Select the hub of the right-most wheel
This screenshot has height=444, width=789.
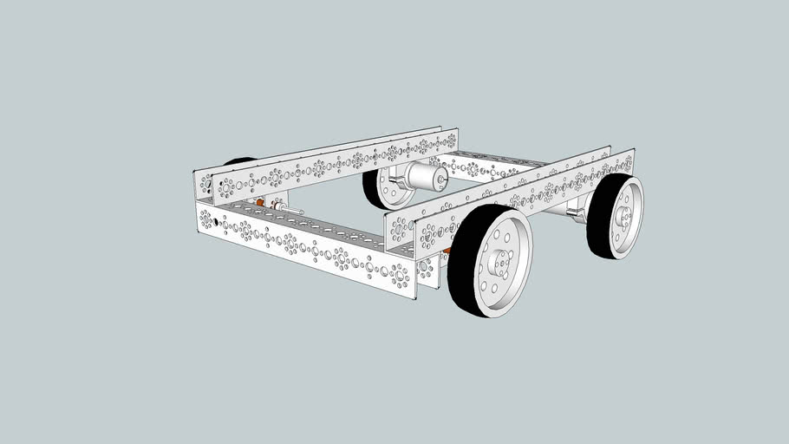(623, 218)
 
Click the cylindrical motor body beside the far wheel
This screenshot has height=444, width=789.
(422, 178)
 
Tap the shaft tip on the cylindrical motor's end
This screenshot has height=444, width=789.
(442, 181)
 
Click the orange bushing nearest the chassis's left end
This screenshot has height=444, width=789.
(259, 204)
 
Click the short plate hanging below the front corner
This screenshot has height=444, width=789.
(426, 274)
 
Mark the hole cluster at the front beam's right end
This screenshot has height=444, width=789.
(399, 276)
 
